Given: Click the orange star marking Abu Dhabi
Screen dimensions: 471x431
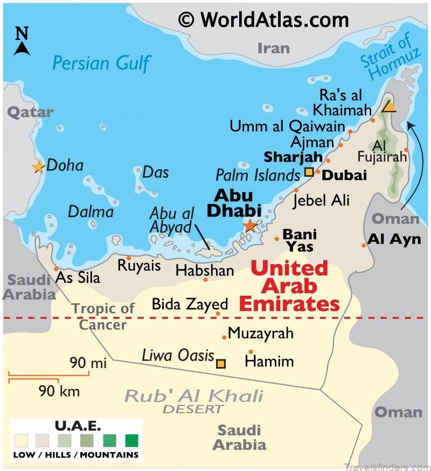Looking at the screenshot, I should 250,225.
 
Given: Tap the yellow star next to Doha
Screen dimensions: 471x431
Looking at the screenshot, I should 38,167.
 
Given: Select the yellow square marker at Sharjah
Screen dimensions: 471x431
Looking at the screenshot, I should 309,172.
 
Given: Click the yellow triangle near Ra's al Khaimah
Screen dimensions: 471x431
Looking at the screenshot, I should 388,106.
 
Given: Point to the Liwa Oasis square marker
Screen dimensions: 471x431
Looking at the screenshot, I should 221,363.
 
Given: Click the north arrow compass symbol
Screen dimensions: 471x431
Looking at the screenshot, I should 22,42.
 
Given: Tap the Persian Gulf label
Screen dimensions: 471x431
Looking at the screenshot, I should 101,63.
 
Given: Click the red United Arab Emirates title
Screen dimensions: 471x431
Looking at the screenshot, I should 289,286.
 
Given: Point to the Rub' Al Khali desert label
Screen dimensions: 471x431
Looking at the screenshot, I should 193,399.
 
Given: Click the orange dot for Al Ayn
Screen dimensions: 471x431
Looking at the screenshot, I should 364,245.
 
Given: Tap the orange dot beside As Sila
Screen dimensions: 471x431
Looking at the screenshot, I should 56,268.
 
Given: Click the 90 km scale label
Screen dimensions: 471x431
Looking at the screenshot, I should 59,391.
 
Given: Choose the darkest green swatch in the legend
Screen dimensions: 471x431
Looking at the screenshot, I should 131,440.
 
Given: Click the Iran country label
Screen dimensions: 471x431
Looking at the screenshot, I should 273,48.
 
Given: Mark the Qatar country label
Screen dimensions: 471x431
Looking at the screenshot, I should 30,112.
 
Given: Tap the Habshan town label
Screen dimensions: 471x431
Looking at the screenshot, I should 205,270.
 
